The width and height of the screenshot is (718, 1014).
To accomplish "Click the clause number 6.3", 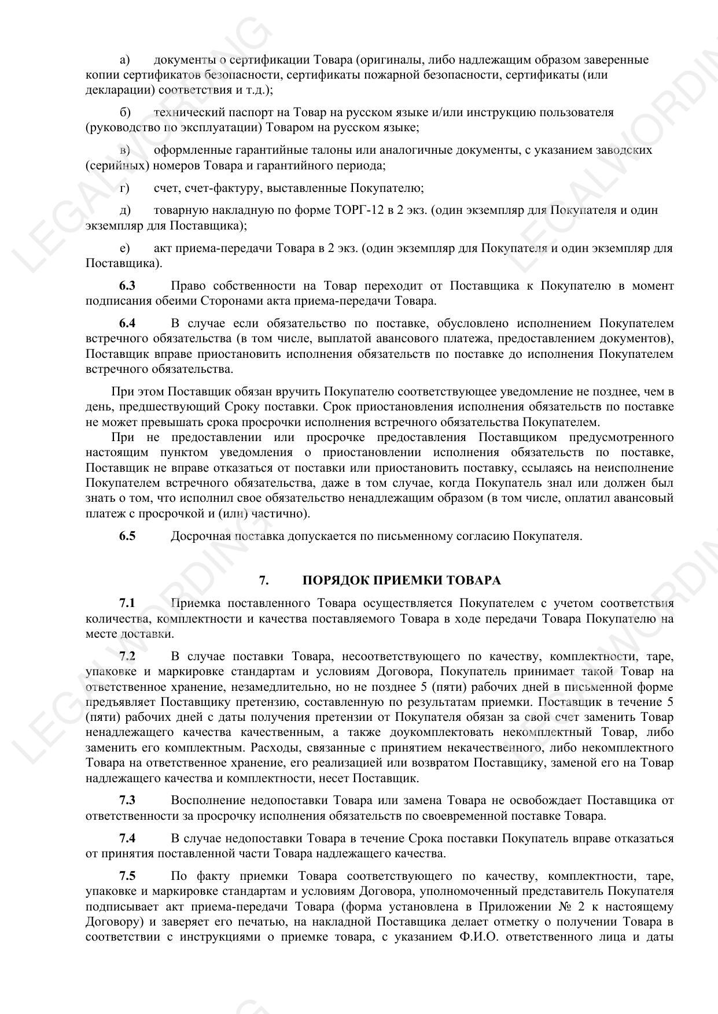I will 127,286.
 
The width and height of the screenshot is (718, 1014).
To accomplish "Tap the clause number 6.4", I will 127,323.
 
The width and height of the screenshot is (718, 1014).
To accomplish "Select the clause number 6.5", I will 127,536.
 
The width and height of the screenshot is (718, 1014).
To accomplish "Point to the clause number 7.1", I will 127,604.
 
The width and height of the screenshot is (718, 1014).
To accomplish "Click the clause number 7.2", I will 127,656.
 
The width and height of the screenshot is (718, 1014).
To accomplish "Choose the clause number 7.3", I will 127,801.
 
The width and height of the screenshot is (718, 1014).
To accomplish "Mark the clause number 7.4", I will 127,838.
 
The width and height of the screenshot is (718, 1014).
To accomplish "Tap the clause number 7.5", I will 127,876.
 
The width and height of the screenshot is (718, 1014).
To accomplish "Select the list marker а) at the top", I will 124,60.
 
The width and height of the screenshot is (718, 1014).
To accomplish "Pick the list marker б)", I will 125,112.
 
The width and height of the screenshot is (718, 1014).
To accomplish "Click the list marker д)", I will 125,210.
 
